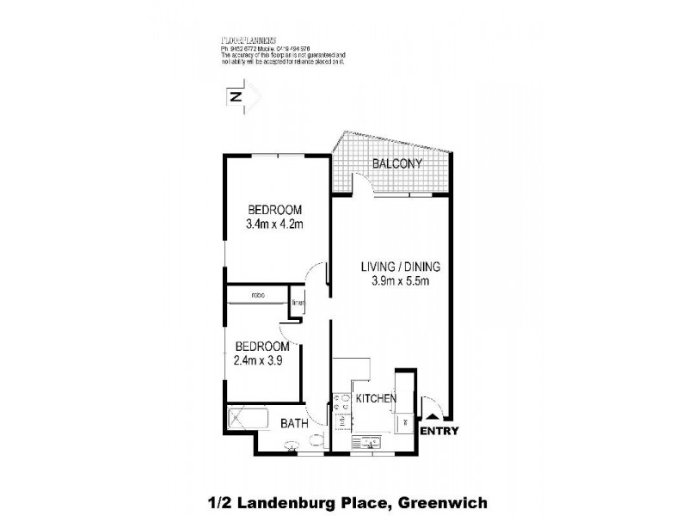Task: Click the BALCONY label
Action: [396, 163]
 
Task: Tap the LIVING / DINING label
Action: [395, 267]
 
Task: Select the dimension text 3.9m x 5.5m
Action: [395, 281]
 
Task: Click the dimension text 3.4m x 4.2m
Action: [276, 224]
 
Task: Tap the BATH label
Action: [296, 423]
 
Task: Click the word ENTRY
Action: [439, 432]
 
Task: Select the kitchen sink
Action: [372, 443]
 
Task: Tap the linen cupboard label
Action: [296, 304]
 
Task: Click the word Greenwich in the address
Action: [441, 500]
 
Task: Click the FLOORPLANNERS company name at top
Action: [249, 40]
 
